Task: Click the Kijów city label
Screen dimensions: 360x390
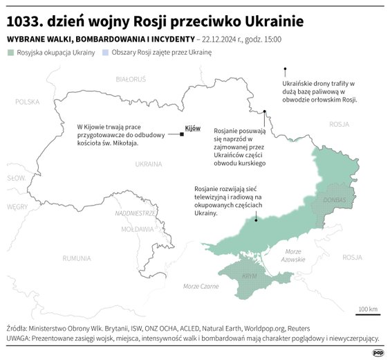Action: click(193, 128)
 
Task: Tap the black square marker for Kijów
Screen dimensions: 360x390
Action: click(181, 134)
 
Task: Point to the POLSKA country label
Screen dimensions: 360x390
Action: click(28, 102)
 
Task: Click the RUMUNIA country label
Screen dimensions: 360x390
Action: click(76, 258)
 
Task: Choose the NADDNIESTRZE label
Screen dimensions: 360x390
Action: click(135, 213)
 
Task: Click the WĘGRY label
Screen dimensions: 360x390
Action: click(17, 206)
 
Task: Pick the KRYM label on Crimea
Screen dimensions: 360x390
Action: click(250, 276)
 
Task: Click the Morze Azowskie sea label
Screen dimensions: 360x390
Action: click(293, 255)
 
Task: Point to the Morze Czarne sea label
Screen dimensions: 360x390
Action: click(200, 286)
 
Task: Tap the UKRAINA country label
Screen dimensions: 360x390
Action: click(148, 164)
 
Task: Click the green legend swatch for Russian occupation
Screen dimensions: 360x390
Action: click(11, 53)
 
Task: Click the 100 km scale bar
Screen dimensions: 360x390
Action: click(368, 316)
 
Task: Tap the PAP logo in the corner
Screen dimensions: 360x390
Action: click(378, 352)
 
